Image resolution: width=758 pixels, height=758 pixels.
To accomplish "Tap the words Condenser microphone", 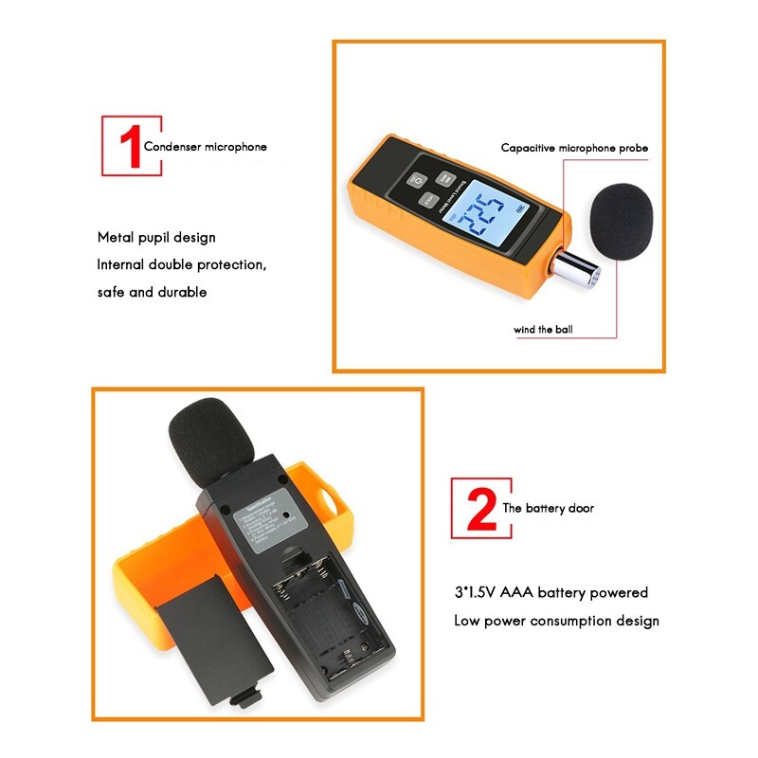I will coord(205,147).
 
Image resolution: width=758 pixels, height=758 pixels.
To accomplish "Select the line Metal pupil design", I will coord(156,237).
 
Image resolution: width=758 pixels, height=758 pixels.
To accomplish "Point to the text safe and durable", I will coord(152,292).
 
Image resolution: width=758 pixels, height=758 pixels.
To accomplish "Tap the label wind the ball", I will coord(543,331).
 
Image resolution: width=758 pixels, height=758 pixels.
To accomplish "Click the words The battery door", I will coord(548,509).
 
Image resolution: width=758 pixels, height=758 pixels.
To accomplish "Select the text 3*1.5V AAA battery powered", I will coord(550,592).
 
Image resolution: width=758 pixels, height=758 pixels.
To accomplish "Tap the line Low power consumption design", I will coord(556,621).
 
